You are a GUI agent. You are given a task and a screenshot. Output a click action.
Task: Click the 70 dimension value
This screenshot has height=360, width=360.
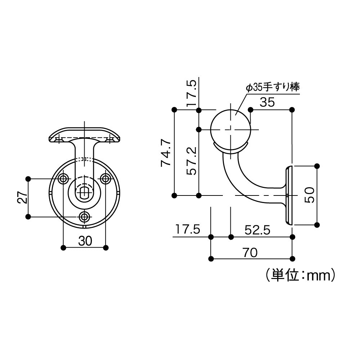click(250, 253)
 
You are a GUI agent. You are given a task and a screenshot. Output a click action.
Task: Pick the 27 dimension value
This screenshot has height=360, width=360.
click(22, 197)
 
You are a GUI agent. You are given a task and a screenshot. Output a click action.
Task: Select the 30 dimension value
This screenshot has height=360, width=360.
click(85, 241)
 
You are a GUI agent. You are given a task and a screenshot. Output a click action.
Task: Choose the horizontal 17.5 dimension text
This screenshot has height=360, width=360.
click(187, 230)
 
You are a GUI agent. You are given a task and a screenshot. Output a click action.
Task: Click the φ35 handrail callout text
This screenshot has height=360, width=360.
click(273, 87)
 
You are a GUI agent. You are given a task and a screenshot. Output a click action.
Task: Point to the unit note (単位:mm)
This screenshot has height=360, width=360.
click(299, 275)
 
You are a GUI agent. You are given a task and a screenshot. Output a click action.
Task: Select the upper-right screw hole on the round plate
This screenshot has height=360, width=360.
click(105, 178)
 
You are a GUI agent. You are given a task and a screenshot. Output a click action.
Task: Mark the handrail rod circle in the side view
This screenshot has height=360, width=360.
click(230, 129)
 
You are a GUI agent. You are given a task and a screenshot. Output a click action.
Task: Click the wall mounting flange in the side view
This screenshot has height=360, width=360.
click(289, 195)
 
